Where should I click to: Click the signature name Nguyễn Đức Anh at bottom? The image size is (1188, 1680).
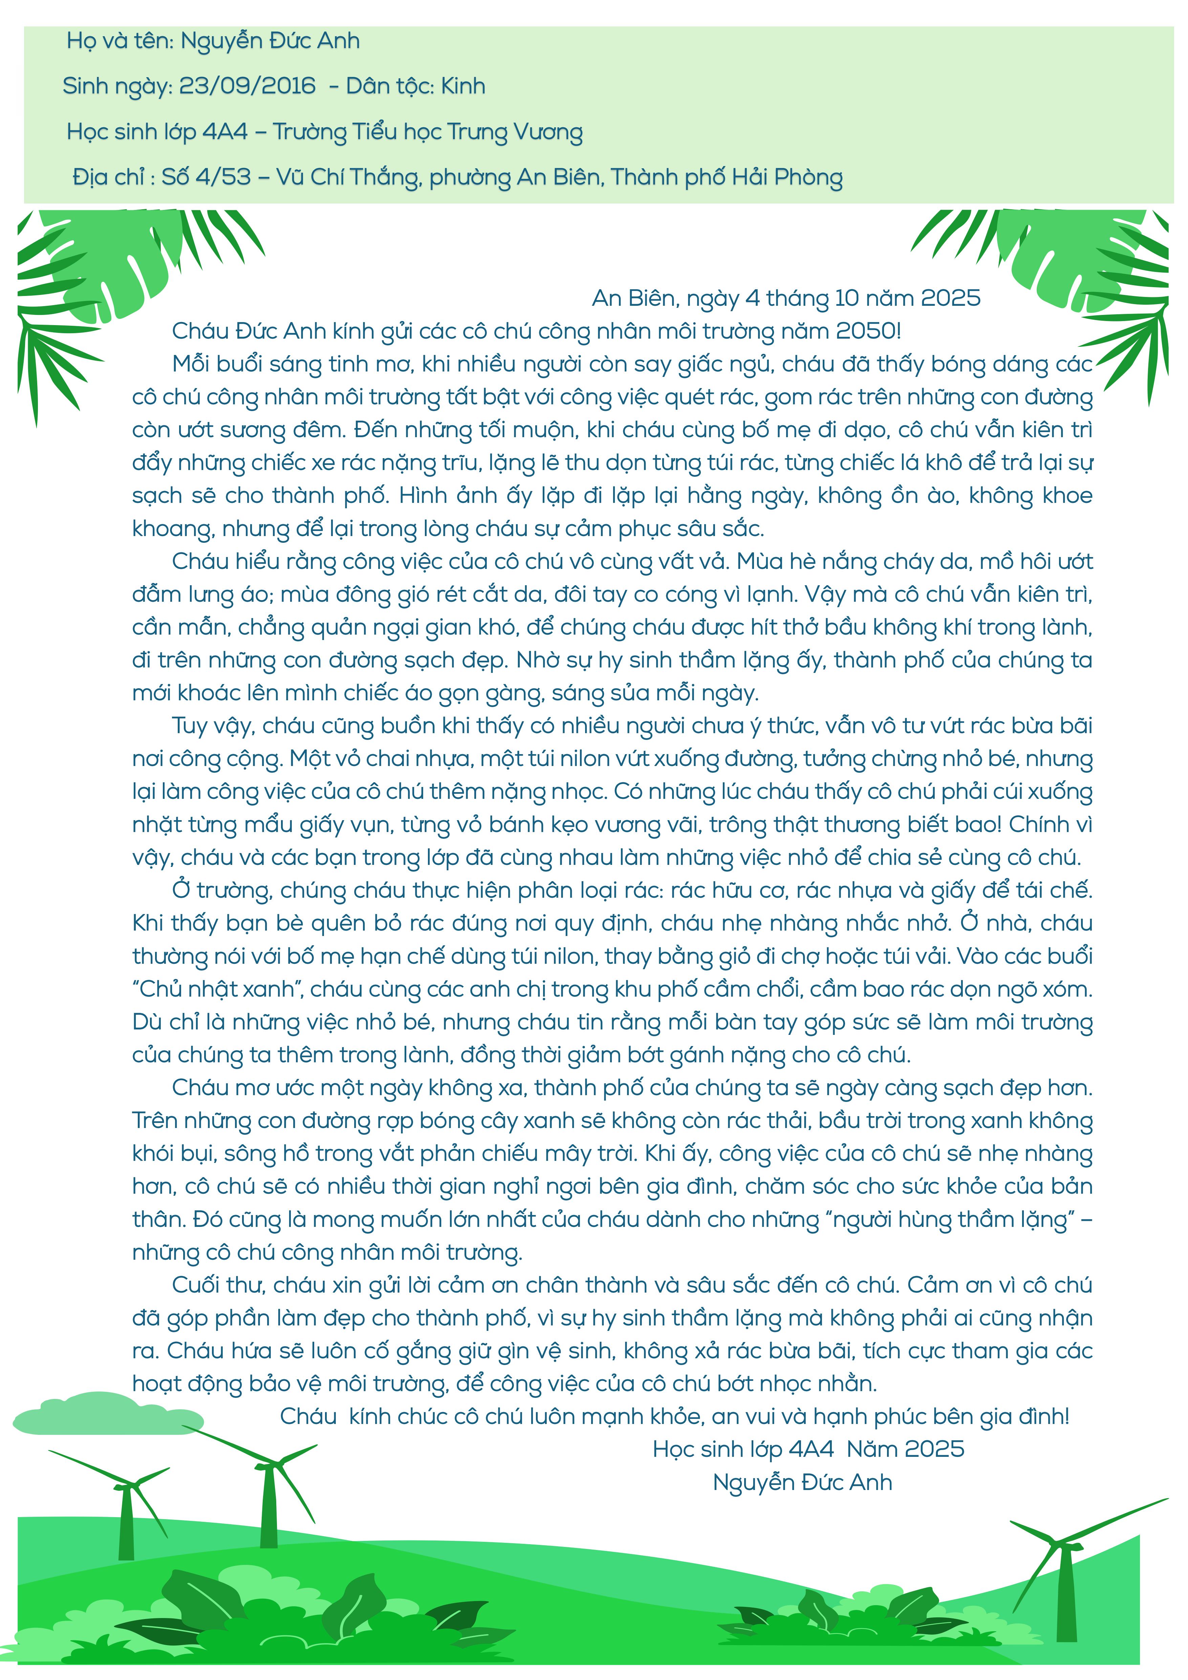click(x=802, y=1483)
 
